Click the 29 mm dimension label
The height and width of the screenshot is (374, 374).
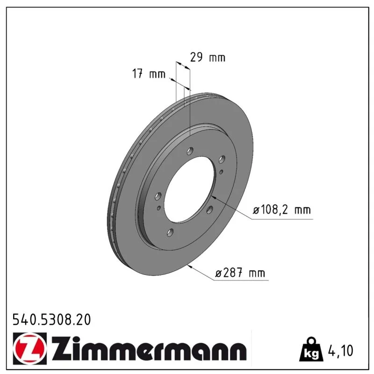pos(208,58)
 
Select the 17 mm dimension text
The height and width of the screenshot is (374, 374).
pos(149,74)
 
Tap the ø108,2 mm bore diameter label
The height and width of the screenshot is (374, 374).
pos(282,209)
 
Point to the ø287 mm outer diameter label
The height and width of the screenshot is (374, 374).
pos(240,273)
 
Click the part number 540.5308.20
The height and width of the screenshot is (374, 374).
pos(52,320)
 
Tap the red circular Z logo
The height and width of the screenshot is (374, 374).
pos(30,348)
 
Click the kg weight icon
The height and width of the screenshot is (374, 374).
pos(311,350)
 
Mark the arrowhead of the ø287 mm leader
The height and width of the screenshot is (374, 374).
pos(190,266)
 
